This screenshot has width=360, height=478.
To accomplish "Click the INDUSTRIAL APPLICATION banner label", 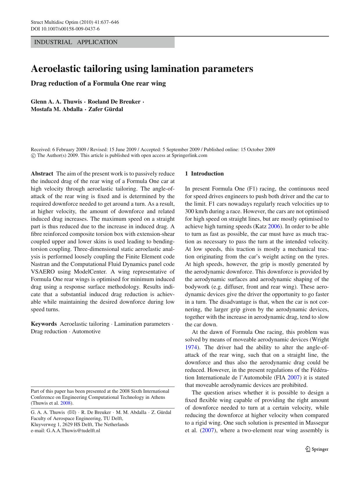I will (x=76, y=42).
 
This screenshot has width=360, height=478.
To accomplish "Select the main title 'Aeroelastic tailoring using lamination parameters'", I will (x=142, y=69).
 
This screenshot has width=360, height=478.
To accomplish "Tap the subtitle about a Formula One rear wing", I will (x=98, y=84).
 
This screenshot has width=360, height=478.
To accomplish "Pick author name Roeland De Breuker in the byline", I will (x=114, y=102).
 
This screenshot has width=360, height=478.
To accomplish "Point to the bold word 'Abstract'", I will (x=42, y=174).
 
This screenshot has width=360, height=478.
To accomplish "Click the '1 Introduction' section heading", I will (x=204, y=174).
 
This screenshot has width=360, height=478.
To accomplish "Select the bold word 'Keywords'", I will (x=44, y=324).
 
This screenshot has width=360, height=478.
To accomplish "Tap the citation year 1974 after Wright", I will (x=191, y=347).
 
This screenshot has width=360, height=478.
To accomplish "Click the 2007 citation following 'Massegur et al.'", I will (x=208, y=430).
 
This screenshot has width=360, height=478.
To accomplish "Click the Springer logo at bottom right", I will (x=317, y=449).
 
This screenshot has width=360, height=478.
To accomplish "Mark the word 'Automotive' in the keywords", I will (x=86, y=332).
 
